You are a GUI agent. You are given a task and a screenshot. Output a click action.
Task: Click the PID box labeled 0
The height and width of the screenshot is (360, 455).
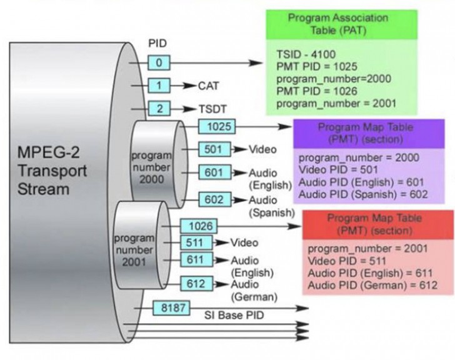[159, 63]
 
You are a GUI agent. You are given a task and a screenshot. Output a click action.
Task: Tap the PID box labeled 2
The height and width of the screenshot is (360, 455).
[159, 109]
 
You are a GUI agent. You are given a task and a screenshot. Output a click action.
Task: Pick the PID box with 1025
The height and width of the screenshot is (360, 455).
[216, 127]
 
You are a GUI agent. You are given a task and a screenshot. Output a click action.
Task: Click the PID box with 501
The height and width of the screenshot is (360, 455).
[214, 149]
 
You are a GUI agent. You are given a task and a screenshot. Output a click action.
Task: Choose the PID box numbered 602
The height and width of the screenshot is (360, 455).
[214, 199]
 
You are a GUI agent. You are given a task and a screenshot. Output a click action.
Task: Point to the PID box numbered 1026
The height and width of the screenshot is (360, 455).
[197, 226]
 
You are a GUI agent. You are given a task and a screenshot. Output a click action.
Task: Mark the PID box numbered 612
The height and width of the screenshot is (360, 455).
[197, 284]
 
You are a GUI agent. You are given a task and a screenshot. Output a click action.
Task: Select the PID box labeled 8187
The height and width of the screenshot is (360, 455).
[171, 308]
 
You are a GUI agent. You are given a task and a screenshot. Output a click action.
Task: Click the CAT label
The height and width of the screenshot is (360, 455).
[209, 86]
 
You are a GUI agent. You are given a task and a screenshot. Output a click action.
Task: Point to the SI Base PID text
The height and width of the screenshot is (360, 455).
[232, 316]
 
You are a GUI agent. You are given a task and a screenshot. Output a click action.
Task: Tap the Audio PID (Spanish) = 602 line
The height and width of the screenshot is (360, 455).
[363, 194]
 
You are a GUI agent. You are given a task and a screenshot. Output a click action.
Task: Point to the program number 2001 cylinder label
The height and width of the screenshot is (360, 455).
[132, 249]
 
